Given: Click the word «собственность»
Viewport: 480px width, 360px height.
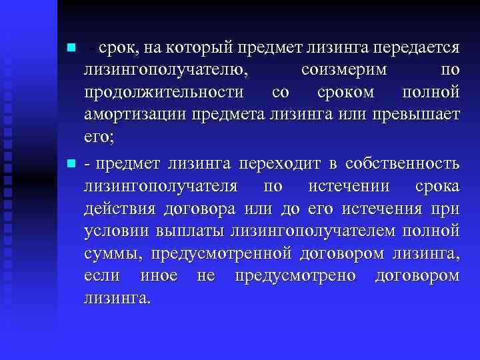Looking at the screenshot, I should click(x=402, y=164).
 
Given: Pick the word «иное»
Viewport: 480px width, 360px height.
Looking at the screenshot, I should click(x=159, y=276).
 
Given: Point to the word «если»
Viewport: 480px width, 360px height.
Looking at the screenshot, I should click(x=103, y=276).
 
